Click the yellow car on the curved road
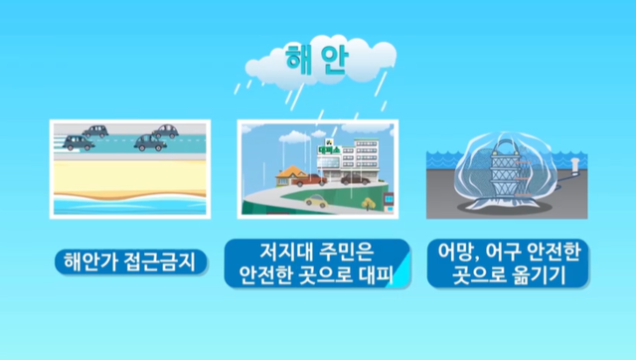pyautogui.click(x=316, y=201)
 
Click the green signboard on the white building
pyautogui.click(x=327, y=150)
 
